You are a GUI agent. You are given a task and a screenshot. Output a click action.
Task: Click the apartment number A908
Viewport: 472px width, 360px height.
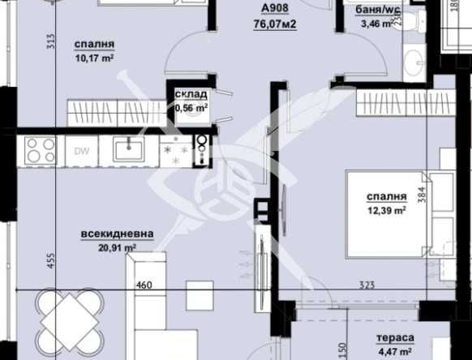coord(272,10)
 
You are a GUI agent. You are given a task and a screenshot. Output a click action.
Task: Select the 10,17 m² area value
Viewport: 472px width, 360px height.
coord(93,58)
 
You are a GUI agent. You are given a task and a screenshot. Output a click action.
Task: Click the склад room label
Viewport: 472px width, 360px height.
coord(191,94)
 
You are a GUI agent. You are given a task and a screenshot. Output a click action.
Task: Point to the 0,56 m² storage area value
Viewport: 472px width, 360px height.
coord(192,106)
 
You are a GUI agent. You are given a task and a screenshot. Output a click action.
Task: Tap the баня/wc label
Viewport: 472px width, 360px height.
coord(373,10)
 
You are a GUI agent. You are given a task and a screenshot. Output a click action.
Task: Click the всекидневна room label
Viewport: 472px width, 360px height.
coord(117,234)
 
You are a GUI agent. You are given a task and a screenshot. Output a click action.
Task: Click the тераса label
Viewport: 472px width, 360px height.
coord(396,337)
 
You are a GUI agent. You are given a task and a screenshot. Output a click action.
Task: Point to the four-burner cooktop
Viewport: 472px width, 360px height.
coord(41,150)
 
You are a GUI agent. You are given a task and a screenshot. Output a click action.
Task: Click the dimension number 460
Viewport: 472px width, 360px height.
coord(144,285)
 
